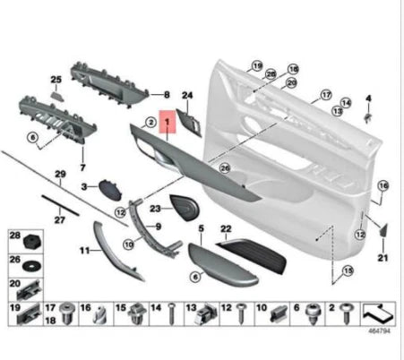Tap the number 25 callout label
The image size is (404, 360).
(56, 80)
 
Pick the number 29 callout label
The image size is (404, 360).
(61, 173)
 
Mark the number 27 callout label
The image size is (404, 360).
(59, 218)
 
